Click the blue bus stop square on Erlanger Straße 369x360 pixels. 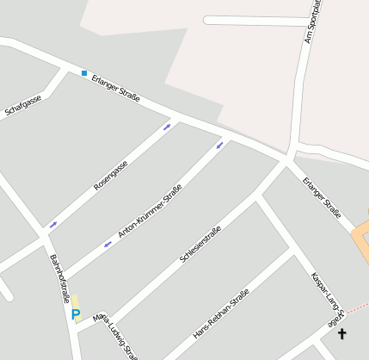(84, 73)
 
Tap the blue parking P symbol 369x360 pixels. (76, 314)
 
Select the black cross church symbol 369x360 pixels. (342, 333)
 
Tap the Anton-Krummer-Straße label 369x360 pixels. (150, 212)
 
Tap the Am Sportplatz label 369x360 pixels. (312, 24)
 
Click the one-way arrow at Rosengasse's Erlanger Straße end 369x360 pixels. (167, 127)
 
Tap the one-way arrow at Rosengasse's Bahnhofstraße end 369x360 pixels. (53, 225)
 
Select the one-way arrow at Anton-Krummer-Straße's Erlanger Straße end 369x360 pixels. (221, 144)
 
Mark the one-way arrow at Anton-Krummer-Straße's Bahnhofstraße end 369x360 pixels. (108, 245)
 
